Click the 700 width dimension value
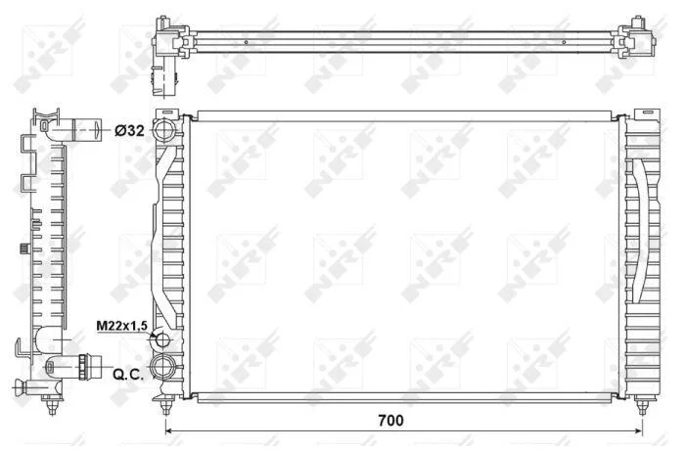(391, 421)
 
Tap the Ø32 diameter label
(129, 130)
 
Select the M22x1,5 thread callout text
(123, 326)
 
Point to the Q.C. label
(128, 374)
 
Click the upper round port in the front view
(163, 130)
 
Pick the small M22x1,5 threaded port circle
(162, 339)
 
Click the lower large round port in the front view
(162, 368)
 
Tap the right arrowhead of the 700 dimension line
(638, 431)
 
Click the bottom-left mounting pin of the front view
(165, 405)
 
